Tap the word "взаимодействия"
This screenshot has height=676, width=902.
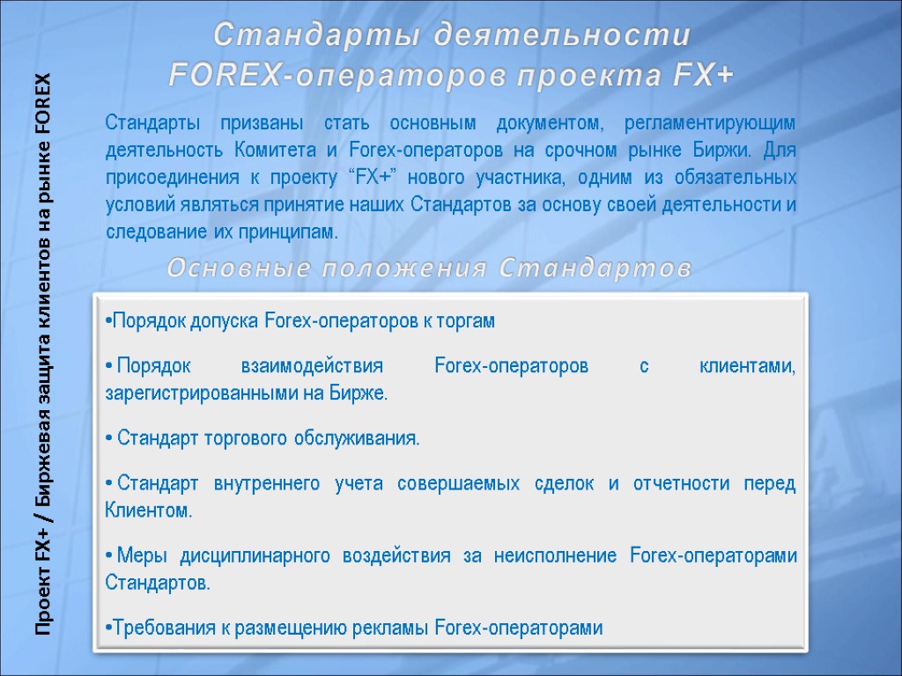point(312,366)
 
